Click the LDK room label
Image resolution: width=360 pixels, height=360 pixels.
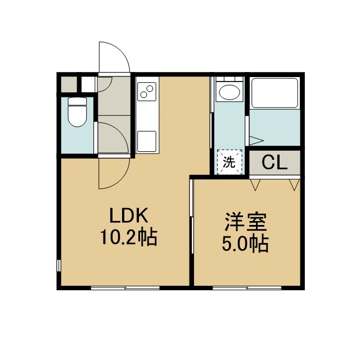[x=129, y=215]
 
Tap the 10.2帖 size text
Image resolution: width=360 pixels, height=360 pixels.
[x=129, y=237]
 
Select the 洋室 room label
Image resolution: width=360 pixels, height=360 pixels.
[x=246, y=222]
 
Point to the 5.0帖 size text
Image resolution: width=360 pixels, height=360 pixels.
[x=245, y=244]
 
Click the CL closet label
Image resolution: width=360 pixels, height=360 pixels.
[x=274, y=163]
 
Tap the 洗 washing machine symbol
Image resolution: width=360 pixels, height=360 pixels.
[x=229, y=162]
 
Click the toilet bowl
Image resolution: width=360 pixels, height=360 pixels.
[x=77, y=112]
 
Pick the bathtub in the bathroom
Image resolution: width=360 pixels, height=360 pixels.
[x=274, y=93]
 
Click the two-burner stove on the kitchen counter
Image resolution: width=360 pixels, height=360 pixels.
[x=147, y=91]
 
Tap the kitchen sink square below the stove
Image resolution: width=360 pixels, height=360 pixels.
[x=147, y=141]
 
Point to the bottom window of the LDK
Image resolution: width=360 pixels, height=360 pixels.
[x=125, y=288]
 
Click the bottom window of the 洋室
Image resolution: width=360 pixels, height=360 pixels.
[x=247, y=288]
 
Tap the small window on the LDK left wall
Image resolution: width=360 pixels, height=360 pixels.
[x=58, y=265]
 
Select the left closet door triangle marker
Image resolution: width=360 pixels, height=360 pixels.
[x=255, y=185]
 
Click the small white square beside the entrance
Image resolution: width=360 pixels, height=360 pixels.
[x=88, y=84]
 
